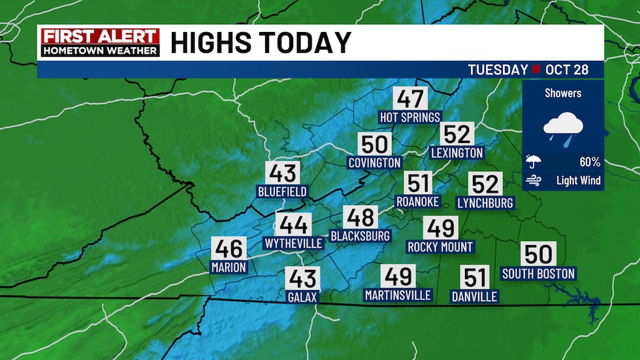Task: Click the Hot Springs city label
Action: (x=410, y=117)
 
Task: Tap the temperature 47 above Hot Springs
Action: (x=410, y=99)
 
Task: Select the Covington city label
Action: (x=374, y=162)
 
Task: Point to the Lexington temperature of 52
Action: (x=457, y=134)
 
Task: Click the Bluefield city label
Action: (x=282, y=191)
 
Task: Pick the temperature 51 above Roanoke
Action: (x=418, y=183)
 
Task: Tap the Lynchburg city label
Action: (x=485, y=203)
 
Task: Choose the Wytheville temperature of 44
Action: (x=293, y=225)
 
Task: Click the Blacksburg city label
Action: (x=360, y=235)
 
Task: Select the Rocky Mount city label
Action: (x=440, y=247)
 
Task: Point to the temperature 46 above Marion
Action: (x=229, y=249)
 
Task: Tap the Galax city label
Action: (x=302, y=297)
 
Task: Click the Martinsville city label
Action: (x=398, y=295)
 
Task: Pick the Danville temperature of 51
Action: (x=474, y=278)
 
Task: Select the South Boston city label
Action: (x=538, y=274)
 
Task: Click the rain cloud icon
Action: (x=563, y=127)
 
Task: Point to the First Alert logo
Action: (x=99, y=42)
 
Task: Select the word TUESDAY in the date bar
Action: (x=498, y=70)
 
